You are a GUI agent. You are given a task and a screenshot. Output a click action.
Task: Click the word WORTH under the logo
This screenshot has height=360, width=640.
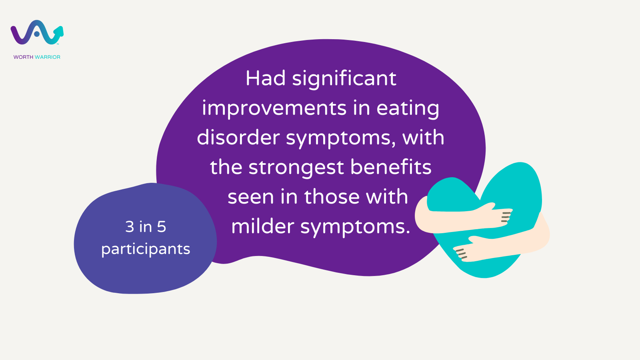point(24,57)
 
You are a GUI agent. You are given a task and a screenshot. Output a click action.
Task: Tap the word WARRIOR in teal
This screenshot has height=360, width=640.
point(48,57)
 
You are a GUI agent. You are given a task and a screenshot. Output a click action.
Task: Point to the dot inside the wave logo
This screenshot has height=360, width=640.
point(36,34)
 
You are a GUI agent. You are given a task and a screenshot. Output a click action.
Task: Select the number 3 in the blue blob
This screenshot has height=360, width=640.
point(130,226)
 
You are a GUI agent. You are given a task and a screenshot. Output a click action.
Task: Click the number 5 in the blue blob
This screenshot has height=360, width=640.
point(162,226)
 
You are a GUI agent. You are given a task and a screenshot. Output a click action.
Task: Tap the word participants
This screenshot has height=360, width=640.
point(146,250)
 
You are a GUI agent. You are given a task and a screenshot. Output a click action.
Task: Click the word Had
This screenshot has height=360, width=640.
point(266,78)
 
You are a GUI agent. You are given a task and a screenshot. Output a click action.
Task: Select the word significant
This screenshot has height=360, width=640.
point(344,80)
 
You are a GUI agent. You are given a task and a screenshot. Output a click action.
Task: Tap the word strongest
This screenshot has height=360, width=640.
point(296,168)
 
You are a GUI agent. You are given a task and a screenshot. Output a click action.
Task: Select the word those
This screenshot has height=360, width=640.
point(332,196)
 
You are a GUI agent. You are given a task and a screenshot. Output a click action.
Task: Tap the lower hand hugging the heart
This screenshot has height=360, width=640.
point(468,250)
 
